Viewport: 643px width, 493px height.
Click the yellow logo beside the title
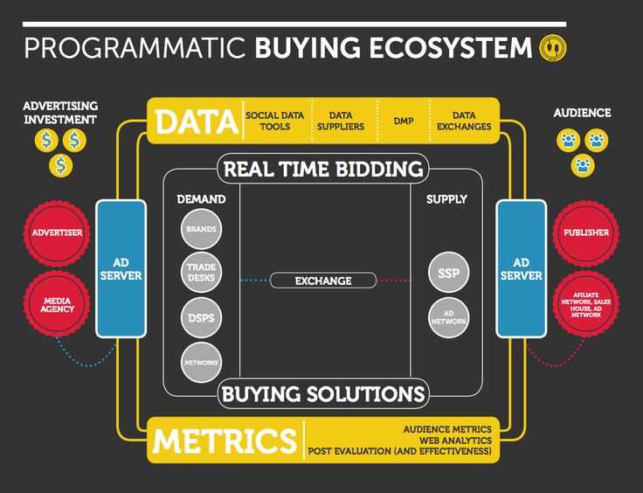point(552,48)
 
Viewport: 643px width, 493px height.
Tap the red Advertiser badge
point(57,233)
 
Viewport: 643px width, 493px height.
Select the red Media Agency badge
point(57,304)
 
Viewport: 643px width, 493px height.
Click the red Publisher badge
point(586,233)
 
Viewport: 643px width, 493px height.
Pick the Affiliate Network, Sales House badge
point(586,304)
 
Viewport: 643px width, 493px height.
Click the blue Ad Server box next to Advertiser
point(121,269)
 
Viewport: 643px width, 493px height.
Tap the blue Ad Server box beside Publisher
point(522,269)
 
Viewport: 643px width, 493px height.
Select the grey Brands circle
point(201,229)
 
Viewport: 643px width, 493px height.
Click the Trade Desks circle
point(201,273)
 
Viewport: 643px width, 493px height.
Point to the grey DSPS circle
point(201,318)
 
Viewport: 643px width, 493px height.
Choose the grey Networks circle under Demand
point(201,363)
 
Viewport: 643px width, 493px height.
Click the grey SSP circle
point(449,273)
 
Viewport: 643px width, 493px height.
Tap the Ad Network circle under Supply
point(449,318)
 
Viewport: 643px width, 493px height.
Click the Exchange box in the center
point(323,281)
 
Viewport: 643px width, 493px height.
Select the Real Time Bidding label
point(323,169)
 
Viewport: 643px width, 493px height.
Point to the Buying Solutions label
point(323,393)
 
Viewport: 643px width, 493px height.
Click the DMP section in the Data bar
point(404,121)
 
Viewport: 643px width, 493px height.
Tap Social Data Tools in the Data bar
point(274,121)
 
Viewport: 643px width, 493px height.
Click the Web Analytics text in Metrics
point(455,441)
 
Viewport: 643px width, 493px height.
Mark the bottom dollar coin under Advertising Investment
point(60,166)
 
